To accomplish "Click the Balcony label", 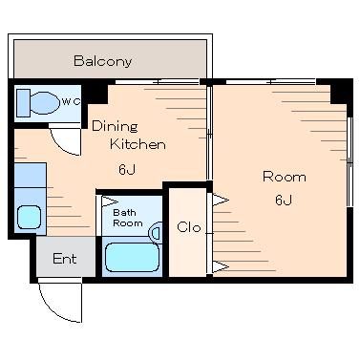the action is click(x=102, y=61).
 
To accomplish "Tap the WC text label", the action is click(x=71, y=102).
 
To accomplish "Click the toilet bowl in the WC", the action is click(x=45, y=103).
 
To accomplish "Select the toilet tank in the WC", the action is click(x=23, y=103).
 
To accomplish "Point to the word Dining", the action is click(x=115, y=126).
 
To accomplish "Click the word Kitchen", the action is click(x=138, y=144).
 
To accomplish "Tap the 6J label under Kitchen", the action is click(x=127, y=169).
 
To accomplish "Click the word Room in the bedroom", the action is click(x=285, y=177).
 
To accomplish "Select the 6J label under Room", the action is click(x=284, y=201).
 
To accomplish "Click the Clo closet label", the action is click(x=189, y=227).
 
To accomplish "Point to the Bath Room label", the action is click(x=128, y=218).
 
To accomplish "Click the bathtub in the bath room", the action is click(x=132, y=257).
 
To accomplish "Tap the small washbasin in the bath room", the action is click(x=156, y=233).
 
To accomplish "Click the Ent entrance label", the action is click(x=65, y=259).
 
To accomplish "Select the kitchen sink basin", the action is click(x=29, y=217).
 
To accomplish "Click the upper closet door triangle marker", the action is click(x=220, y=201).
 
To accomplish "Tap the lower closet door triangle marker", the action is click(x=220, y=266).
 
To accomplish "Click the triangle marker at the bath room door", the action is click(x=109, y=201).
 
